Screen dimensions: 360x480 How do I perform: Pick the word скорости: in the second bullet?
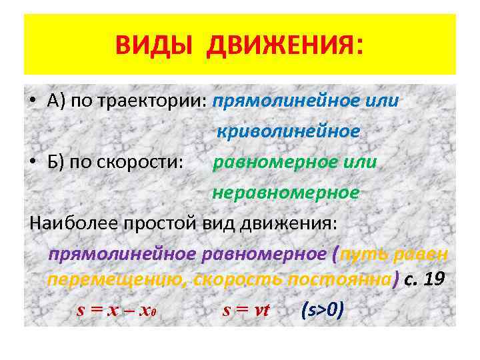tap(147, 162)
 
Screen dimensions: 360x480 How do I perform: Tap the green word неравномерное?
tap(285, 193)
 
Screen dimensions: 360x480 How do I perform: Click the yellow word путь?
tap(369, 254)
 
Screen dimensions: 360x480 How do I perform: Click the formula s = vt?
tap(245, 309)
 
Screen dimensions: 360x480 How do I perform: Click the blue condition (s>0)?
tap(323, 309)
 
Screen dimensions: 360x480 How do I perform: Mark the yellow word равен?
tap(425, 254)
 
